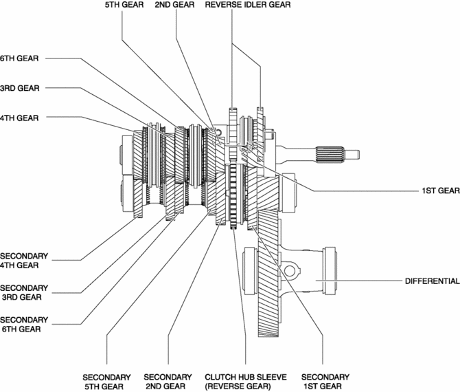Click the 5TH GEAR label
pos(124,5)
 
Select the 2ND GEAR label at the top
pos(174,5)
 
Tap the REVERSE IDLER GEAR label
pos(248,5)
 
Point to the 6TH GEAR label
pos(19,58)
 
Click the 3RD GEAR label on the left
pos(20,88)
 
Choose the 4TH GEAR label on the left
pos(19,118)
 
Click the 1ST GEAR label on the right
pos(441,190)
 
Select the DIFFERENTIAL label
pos(432,281)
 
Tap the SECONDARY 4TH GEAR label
pos(24,261)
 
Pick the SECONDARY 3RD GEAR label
pos(24,292)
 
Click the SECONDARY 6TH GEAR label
pos(24,324)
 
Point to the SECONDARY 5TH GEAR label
pos(106,382)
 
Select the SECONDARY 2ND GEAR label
pos(168,382)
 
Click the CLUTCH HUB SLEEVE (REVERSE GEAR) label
pos(246,382)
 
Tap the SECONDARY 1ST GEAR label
pos(325,382)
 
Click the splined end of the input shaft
pos(330,154)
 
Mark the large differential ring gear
pos(268,273)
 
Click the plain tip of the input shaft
pos(352,154)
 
